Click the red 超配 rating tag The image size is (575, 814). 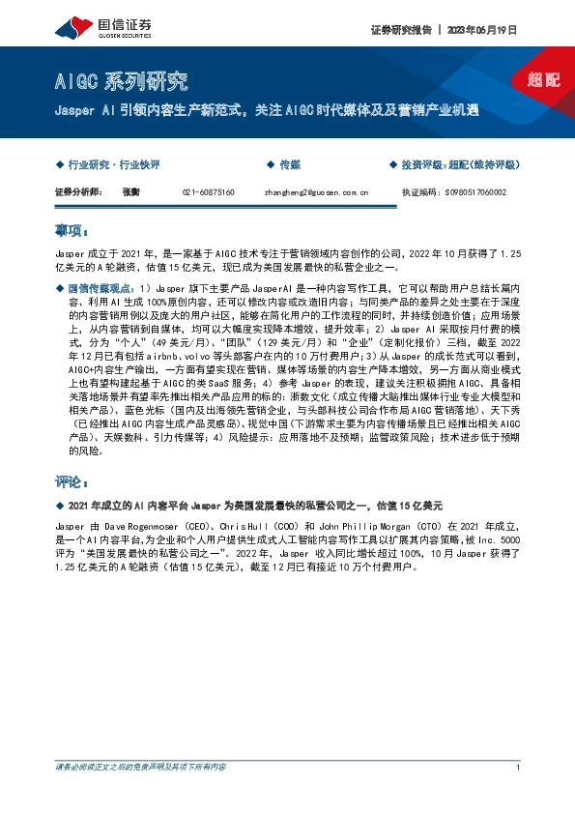click(x=545, y=79)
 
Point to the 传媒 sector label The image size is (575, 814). click(x=290, y=165)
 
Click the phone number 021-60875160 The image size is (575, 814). click(x=209, y=192)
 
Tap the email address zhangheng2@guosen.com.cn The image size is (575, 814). click(x=316, y=192)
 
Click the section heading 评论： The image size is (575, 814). click(x=72, y=480)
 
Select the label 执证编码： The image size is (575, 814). click(x=420, y=192)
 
